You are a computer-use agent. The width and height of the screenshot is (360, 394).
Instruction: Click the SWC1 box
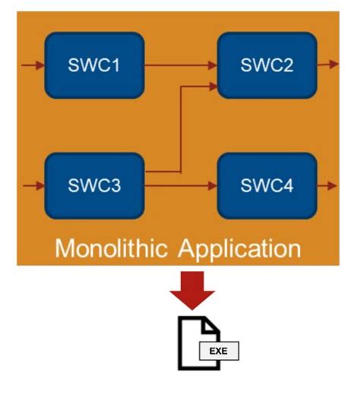click(x=94, y=65)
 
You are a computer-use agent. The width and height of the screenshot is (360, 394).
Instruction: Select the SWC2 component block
click(x=267, y=65)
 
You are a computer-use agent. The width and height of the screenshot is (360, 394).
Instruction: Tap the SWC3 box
click(x=94, y=184)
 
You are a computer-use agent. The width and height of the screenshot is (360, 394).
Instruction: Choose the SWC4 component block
click(x=267, y=184)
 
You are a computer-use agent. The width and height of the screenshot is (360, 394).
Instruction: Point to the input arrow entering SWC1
click(x=33, y=65)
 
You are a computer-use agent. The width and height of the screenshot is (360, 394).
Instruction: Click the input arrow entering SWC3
click(x=33, y=184)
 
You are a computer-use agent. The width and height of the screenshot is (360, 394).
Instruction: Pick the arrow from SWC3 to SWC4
click(x=182, y=184)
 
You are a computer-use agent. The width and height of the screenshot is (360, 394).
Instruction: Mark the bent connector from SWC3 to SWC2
click(x=179, y=129)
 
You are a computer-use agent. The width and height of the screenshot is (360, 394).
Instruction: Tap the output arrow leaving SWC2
click(x=327, y=65)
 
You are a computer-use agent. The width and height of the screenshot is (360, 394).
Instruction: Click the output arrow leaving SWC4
click(x=327, y=184)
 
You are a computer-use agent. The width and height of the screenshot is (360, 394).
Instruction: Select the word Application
click(x=240, y=249)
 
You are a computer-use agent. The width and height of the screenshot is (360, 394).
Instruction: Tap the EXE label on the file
click(x=219, y=351)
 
